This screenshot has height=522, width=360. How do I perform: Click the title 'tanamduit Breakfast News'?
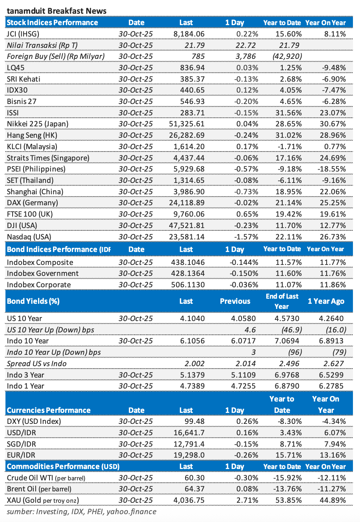(x=56, y=11)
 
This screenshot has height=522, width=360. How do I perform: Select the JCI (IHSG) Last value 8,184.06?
(x=189, y=34)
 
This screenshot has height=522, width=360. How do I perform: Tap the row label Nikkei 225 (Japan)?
(x=38, y=124)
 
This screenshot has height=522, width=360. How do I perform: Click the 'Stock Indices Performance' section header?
(x=53, y=22)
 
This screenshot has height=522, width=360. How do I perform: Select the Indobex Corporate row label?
(x=39, y=285)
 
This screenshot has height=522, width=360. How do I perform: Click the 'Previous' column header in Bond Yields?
(x=235, y=301)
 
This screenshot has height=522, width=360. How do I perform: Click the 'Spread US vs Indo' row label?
(x=36, y=363)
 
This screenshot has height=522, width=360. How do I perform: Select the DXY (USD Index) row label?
(x=34, y=422)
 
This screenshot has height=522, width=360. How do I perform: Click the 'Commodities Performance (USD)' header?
(x=63, y=466)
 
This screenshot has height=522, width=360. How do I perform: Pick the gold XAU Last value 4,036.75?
(x=189, y=500)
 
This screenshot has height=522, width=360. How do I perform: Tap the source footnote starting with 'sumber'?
(x=82, y=511)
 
